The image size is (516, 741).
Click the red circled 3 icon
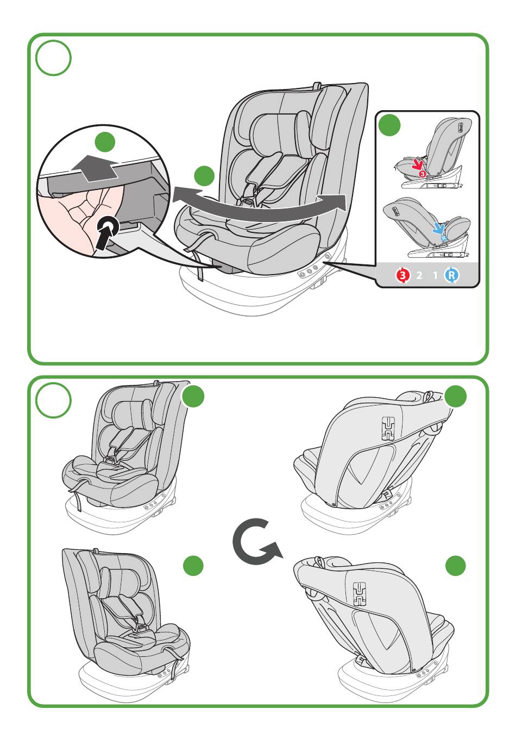(x=402, y=275)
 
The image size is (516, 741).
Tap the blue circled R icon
(x=451, y=275)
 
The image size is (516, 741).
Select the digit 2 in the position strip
(x=419, y=275)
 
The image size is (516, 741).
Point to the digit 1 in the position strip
(x=435, y=275)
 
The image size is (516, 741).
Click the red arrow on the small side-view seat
(x=418, y=163)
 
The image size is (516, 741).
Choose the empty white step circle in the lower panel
(x=53, y=401)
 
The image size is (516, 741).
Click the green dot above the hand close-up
(x=105, y=142)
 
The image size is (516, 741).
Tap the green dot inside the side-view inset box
(x=389, y=125)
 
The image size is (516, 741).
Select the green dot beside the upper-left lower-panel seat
(x=193, y=396)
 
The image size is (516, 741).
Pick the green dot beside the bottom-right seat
(x=456, y=566)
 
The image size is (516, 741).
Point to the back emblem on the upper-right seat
(x=389, y=428)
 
